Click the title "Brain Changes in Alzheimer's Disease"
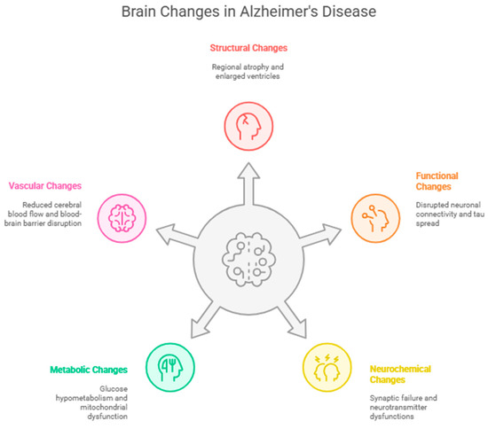tap(248, 12)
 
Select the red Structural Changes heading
tap(248, 48)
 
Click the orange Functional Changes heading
tap(437, 181)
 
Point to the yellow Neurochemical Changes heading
tap(400, 374)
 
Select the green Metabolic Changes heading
tap(89, 370)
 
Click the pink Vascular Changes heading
tap(45, 186)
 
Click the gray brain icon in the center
tap(248, 260)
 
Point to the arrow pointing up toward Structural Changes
tap(248, 183)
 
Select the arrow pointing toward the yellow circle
tap(293, 320)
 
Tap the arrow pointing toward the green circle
tap(205, 320)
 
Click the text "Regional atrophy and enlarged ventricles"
tap(248, 72)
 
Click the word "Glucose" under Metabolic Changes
tap(114, 389)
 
